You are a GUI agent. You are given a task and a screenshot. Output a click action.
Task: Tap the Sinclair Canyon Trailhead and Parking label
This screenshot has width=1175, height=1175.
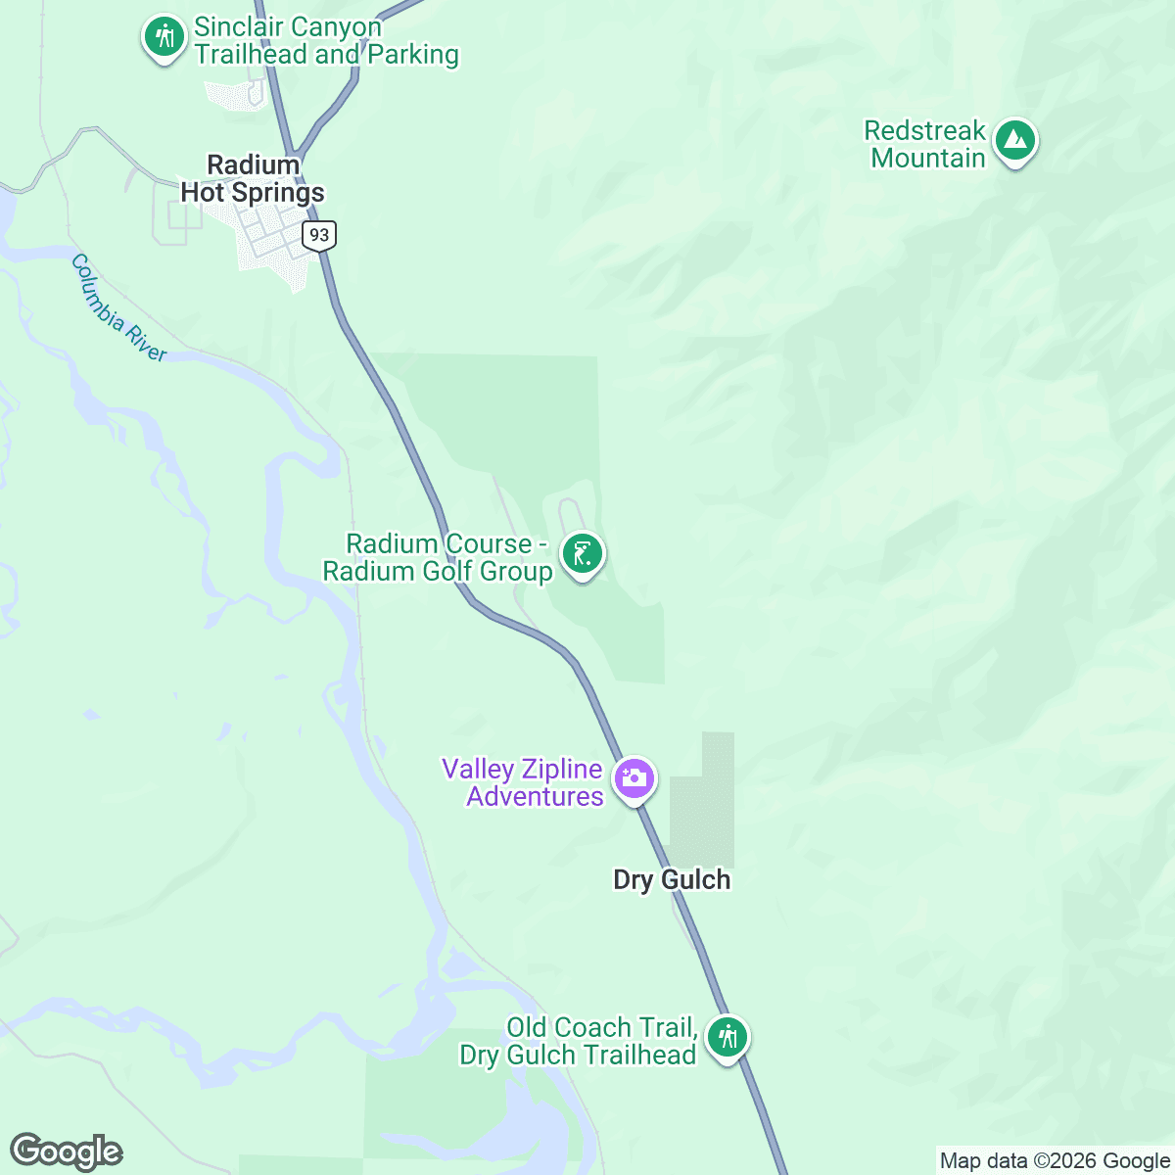(326, 41)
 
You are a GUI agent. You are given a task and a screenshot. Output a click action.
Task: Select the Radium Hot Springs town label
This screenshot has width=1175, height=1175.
(253, 179)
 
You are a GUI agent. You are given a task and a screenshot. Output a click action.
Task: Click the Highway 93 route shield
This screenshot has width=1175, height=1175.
(319, 235)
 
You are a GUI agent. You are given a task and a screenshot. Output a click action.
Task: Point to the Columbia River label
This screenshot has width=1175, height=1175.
(118, 307)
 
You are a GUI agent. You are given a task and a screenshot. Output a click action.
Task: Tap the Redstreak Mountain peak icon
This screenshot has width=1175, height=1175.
(1015, 142)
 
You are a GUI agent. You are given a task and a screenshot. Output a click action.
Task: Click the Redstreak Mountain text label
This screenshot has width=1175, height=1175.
(926, 145)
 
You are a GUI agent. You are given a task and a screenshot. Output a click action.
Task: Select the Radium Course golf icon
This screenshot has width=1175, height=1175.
(583, 555)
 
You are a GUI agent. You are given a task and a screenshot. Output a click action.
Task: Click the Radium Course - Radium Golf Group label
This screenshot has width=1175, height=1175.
(439, 558)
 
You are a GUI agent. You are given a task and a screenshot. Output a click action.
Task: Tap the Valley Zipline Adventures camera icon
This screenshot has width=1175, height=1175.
(634, 779)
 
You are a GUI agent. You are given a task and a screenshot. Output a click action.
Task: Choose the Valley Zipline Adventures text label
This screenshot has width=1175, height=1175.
(523, 783)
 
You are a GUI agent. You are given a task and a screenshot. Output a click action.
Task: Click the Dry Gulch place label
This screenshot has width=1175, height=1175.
(672, 879)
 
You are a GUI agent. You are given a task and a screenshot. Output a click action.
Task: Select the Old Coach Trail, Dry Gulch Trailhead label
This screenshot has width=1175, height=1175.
(579, 1041)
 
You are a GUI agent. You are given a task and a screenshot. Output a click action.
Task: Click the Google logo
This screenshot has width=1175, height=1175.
(66, 1151)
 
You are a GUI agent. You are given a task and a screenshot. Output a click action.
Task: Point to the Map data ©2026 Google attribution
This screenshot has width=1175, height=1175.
(1055, 1161)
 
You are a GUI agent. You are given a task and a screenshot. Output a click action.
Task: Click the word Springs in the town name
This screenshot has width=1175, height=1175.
(278, 193)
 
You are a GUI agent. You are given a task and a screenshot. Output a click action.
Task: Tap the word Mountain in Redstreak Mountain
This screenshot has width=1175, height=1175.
(928, 159)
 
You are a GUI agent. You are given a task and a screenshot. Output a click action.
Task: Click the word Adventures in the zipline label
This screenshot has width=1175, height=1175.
(535, 797)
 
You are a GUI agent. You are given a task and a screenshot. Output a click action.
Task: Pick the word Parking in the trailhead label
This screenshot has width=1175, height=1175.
(413, 55)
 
